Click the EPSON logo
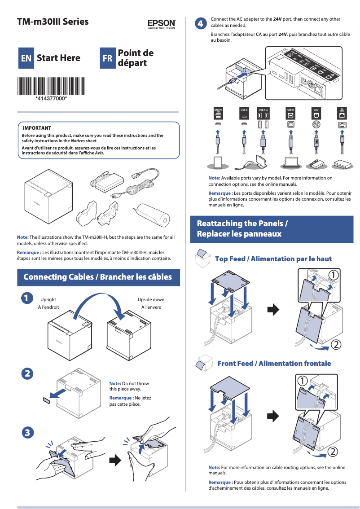tap(161, 23)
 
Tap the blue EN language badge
tap(26, 58)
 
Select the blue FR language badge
tap(107, 58)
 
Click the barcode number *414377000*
tap(51, 98)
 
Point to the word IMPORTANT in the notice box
tap(37, 128)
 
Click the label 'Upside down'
tap(151, 299)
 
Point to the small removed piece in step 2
tap(47, 400)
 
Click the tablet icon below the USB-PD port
tap(218, 162)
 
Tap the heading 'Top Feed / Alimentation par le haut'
tap(273, 259)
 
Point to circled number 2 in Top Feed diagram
tap(336, 345)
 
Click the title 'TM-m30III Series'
tap(53, 22)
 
